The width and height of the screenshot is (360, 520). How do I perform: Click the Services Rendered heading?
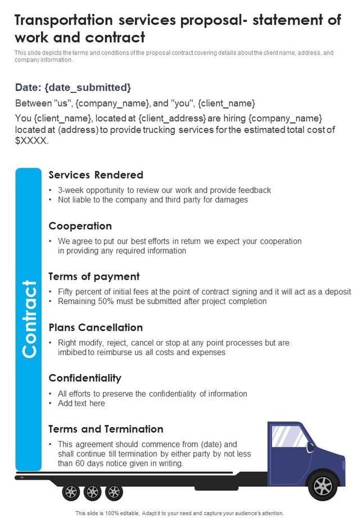pyautogui.click(x=96, y=175)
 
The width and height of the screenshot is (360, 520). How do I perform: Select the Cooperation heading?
pyautogui.click(x=80, y=226)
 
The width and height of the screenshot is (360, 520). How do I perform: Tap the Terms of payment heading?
pyautogui.click(x=94, y=276)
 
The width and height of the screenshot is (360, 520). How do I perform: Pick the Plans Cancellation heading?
pyautogui.click(x=96, y=327)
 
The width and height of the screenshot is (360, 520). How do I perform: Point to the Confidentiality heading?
pyautogui.click(x=85, y=378)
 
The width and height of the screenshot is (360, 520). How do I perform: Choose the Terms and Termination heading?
pyautogui.click(x=106, y=429)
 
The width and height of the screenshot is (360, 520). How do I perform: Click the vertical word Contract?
pyautogui.click(x=29, y=319)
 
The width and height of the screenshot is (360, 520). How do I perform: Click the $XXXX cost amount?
pyautogui.click(x=31, y=141)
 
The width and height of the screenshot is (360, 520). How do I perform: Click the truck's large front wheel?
pyautogui.click(x=323, y=485)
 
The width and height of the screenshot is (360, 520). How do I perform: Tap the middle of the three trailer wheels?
pyautogui.click(x=92, y=492)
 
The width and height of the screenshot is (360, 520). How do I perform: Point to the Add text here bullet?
pyautogui.click(x=81, y=404)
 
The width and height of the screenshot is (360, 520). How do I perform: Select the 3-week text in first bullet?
pyautogui.click(x=73, y=190)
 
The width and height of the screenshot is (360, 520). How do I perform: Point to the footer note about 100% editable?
pyautogui.click(x=179, y=513)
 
